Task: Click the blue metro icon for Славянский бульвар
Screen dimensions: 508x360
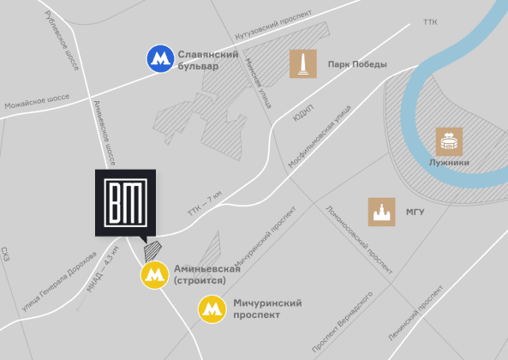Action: click(159, 59)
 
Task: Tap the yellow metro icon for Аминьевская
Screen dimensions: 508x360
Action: click(154, 275)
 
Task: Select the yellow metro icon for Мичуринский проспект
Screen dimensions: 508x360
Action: click(212, 309)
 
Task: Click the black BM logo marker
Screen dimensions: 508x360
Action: click(125, 201)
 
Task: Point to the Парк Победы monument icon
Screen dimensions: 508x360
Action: click(302, 63)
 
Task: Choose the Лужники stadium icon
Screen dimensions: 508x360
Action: click(449, 140)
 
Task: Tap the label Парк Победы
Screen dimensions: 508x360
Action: click(357, 64)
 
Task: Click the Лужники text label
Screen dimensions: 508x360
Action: click(449, 161)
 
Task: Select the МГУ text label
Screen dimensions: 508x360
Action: click(415, 211)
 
